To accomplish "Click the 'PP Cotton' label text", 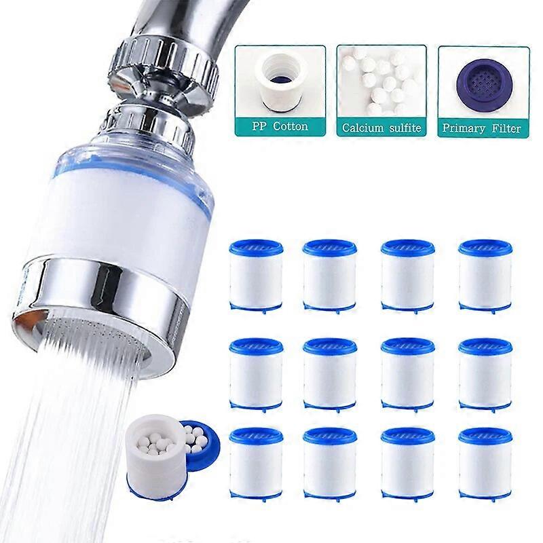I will [x=280, y=126].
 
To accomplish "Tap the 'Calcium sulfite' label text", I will [x=381, y=127].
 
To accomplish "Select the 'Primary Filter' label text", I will [x=482, y=127].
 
